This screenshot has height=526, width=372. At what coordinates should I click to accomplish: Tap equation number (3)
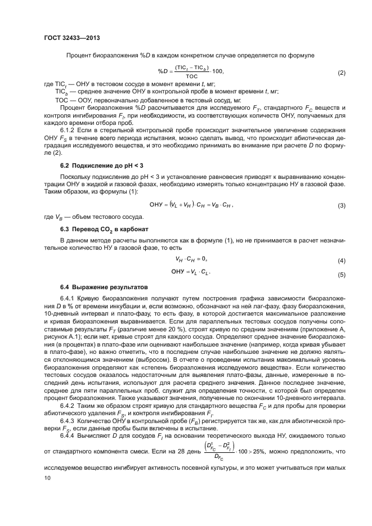[340, 206]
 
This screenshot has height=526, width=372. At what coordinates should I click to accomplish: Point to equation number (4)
[340, 262]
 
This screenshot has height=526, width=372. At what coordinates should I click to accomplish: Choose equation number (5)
[340, 275]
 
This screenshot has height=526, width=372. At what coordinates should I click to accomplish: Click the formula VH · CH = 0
[191, 259]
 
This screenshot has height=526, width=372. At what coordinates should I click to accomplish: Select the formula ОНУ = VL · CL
[191, 272]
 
